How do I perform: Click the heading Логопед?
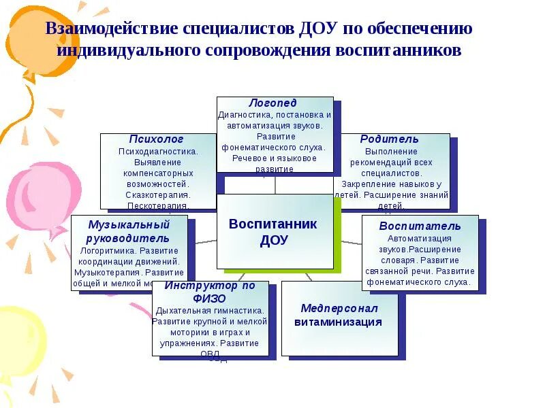click(x=272, y=103)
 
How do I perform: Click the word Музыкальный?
click(x=129, y=224)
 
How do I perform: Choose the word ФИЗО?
click(x=210, y=298)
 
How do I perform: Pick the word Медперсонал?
click(x=339, y=308)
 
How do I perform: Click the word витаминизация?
click(x=338, y=322)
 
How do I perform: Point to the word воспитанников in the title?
click(x=396, y=51)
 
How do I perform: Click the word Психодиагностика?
click(x=159, y=151)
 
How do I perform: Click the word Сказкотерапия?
click(x=159, y=194)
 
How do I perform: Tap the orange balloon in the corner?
click(x=31, y=34)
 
